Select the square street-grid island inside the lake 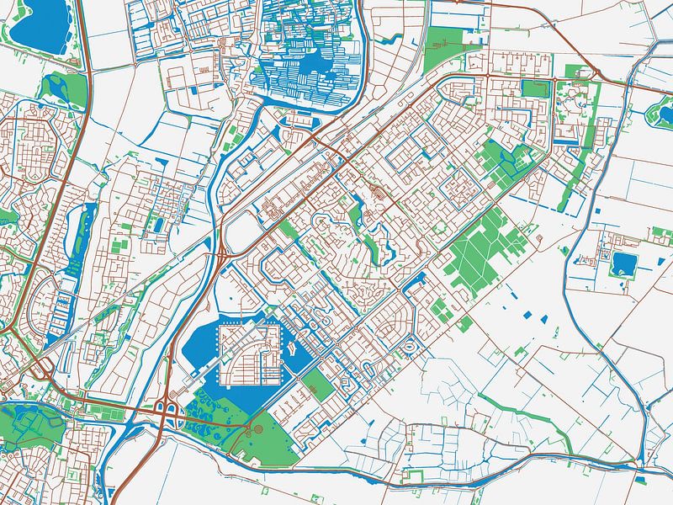tap(248, 353)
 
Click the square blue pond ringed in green tap(623, 264)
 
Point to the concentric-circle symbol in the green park tap(257, 430)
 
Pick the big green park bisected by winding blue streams tap(29, 425)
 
